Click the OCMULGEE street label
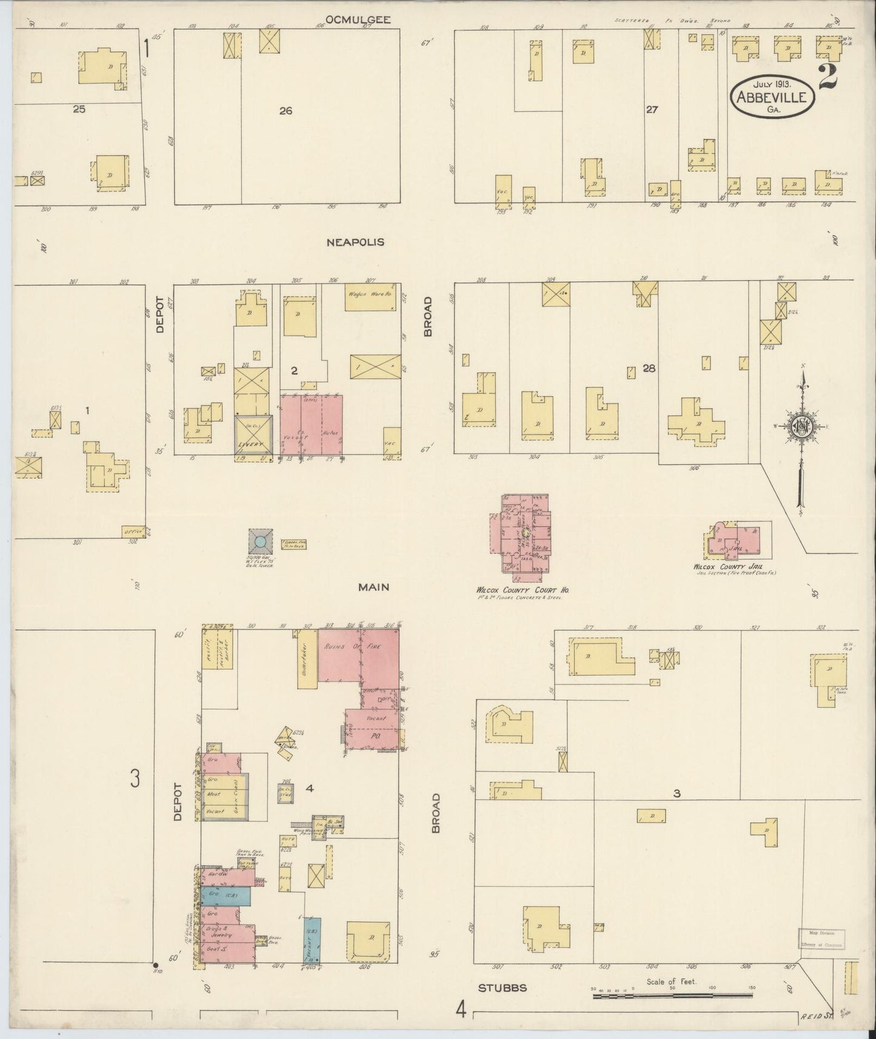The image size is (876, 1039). [x=358, y=20]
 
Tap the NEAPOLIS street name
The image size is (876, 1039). [x=355, y=242]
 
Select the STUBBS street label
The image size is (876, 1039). [x=503, y=987]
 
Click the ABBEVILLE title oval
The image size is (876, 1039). [x=772, y=97]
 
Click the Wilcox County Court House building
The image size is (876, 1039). [x=525, y=534]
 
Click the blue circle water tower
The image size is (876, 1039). [x=260, y=541]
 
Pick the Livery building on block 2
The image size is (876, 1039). [x=254, y=435]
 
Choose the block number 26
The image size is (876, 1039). [x=286, y=111]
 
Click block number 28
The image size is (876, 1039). [x=649, y=367]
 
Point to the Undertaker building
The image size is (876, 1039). [x=307, y=658]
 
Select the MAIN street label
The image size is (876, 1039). [x=373, y=587]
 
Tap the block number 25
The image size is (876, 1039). [x=79, y=109]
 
